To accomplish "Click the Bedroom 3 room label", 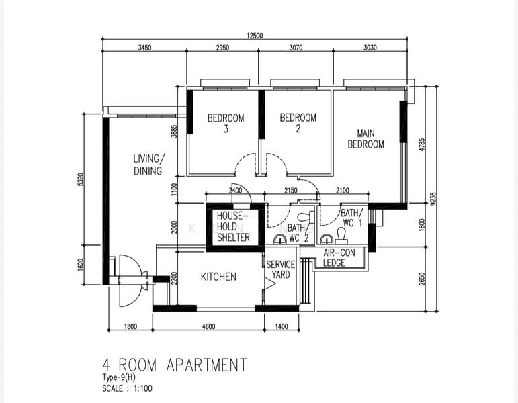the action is point(226,123).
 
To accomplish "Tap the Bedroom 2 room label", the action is point(298,122).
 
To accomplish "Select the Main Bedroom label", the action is point(365,139).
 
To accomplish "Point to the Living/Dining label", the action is point(148,165).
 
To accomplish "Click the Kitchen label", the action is point(218,277).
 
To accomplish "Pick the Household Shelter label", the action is point(233,226).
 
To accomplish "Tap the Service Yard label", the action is point(280,269).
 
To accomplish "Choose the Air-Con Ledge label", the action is point(339,258).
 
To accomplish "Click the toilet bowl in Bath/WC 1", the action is point(341,234).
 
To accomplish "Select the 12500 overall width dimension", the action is point(255,36).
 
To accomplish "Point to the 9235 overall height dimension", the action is point(433,199).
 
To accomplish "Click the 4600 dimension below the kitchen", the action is point(208,326).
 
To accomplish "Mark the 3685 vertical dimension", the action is point(175,131).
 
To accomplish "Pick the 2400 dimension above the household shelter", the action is point(236,190).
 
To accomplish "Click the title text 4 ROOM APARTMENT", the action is point(175,365).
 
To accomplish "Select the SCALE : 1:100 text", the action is point(128,388).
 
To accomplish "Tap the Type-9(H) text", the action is point(119,377).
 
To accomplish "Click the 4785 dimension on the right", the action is point(422,144).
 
